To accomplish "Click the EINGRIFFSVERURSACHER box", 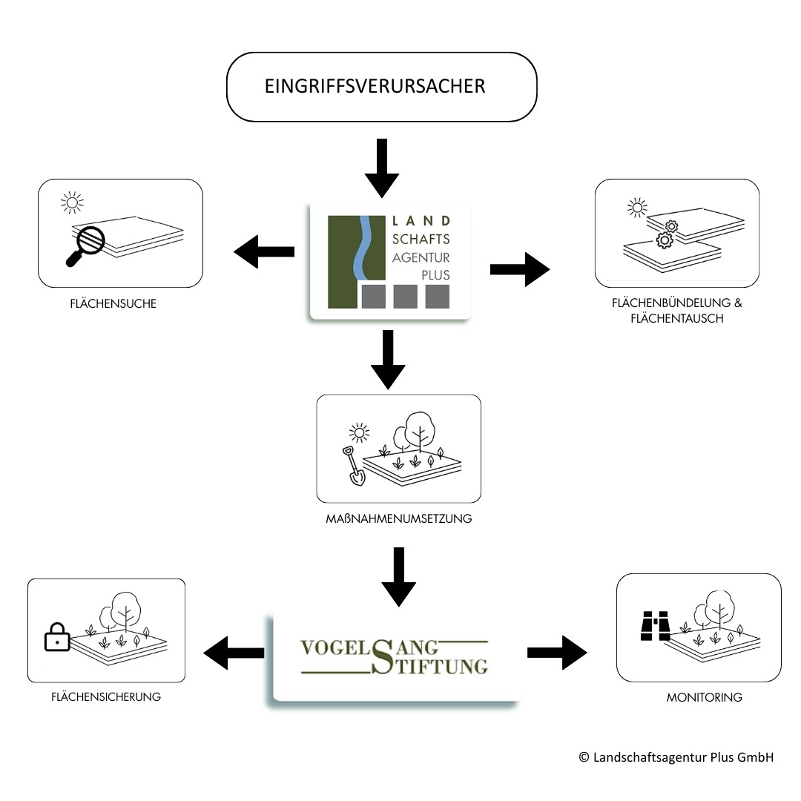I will tap(381, 87).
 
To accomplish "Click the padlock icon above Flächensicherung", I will tap(57, 637).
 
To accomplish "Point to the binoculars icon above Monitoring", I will tap(656, 626).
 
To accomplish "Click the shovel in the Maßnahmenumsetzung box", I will tap(352, 467).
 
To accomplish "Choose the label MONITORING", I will tap(704, 697).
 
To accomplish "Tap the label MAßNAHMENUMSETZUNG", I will tap(398, 519).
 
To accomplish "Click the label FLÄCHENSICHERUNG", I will tap(106, 697).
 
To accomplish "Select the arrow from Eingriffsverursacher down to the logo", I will tap(382, 168).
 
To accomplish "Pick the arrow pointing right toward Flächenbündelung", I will tap(520, 269).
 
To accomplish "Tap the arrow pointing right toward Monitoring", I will tap(557, 653).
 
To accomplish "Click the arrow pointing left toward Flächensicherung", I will tap(234, 653).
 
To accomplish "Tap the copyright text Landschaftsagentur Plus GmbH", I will tap(676, 758).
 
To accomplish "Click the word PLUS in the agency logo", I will tap(433, 274).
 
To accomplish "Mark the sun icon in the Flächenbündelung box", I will tap(637, 208).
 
